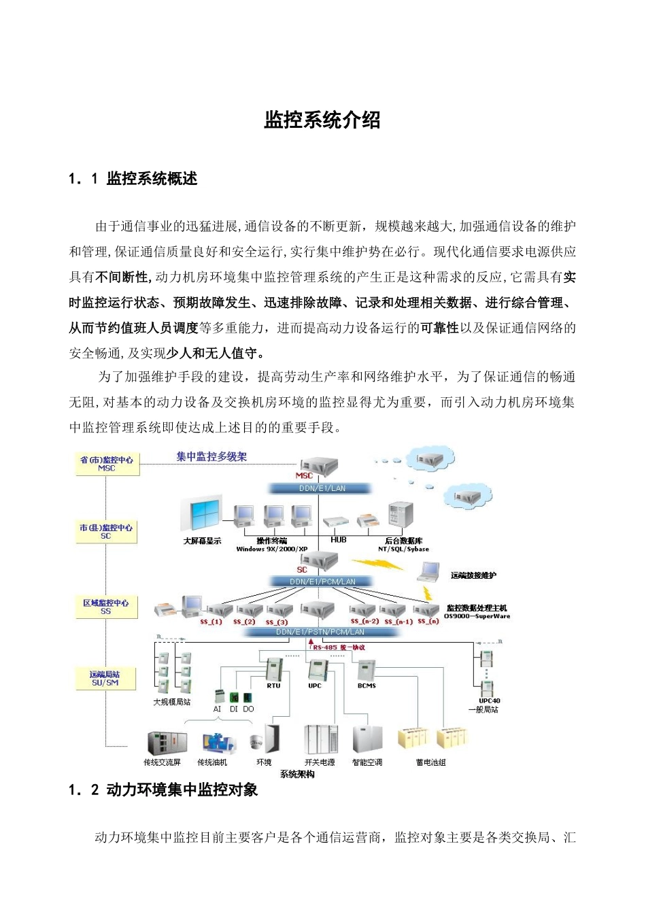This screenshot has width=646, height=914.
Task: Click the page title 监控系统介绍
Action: pos(322,120)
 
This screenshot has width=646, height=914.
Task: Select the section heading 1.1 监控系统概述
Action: pos(133,179)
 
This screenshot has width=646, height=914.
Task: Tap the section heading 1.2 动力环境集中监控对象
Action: pos(163,790)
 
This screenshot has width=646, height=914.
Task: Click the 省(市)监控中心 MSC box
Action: pos(107,464)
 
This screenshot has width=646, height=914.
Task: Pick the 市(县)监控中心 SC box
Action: pos(106,532)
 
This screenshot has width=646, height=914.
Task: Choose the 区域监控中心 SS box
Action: pos(106,607)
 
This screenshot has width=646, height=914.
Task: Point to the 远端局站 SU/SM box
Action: pos(105,679)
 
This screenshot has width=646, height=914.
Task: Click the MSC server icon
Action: pos(319,466)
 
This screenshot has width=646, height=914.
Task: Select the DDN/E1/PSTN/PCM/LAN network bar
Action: pos(320,632)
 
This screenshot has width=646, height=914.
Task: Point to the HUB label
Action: pos(339,540)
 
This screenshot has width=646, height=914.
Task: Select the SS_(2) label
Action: pos(244,622)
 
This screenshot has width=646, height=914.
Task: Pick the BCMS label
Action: pos(367,685)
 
